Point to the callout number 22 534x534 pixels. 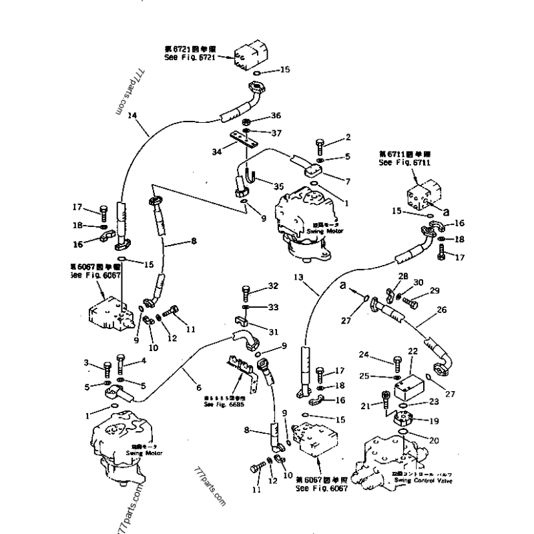pyautogui.click(x=412, y=351)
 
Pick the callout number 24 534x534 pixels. pyautogui.click(x=383, y=354)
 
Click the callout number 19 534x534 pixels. pyautogui.click(x=435, y=421)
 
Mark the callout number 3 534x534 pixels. pyautogui.click(x=86, y=362)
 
